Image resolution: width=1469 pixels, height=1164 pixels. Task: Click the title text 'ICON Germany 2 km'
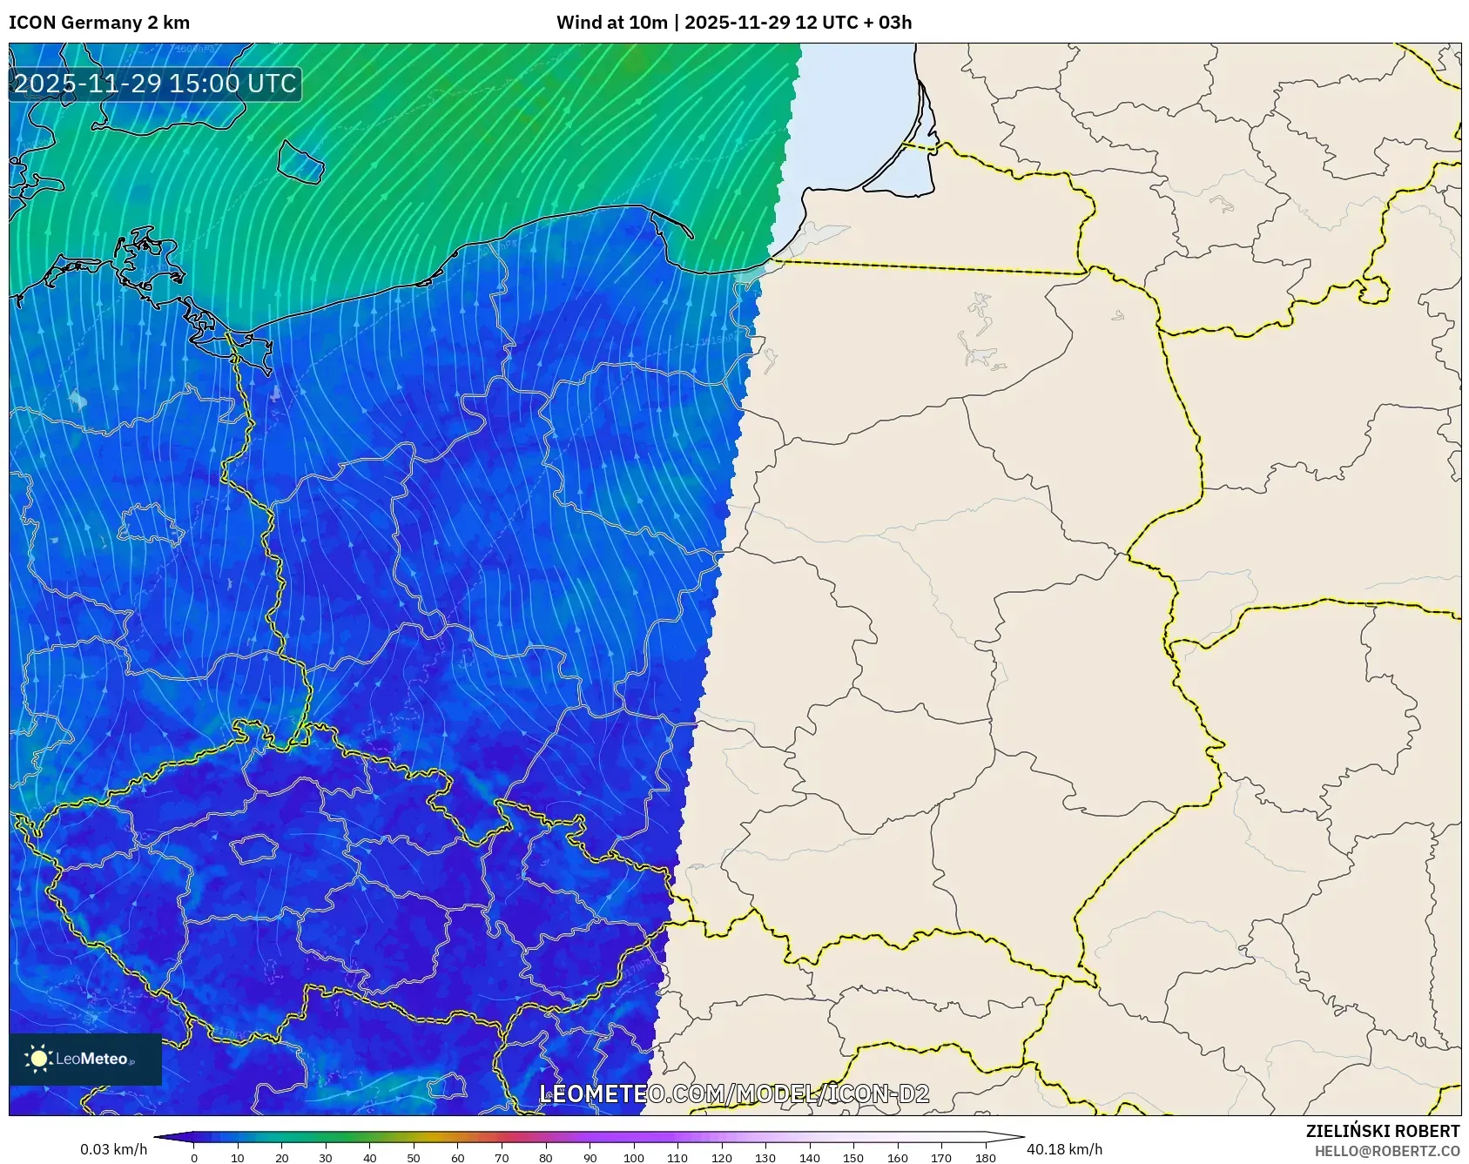99,23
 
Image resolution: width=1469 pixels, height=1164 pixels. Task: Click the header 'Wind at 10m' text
611,23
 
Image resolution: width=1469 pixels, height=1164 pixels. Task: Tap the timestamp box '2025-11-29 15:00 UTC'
155,84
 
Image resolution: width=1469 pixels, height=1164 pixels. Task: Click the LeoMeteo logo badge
85,1059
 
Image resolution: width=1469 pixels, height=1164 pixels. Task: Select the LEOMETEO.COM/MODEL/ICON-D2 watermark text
734,1094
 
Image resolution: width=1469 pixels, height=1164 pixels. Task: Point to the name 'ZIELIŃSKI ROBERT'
1382,1131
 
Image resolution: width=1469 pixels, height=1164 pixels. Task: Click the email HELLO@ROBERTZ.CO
1386,1151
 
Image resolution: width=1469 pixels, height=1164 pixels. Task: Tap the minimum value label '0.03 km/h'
113,1149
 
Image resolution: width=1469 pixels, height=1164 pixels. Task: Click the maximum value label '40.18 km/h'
1064,1149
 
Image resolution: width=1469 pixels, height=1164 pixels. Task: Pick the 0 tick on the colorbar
194,1157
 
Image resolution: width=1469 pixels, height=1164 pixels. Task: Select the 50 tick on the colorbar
414,1157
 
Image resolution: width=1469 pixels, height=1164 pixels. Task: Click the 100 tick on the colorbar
634,1157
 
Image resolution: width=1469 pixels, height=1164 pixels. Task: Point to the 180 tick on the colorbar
986,1157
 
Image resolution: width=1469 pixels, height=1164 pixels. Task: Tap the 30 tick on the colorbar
326,1157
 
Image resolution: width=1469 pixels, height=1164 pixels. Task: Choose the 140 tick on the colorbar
810,1157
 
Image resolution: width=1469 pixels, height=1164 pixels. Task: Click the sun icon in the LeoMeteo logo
38,1059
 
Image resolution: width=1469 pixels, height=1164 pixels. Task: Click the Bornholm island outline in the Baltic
300,162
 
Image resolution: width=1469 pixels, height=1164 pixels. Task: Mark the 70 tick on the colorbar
502,1157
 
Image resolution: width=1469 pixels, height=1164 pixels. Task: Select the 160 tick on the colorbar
898,1157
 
